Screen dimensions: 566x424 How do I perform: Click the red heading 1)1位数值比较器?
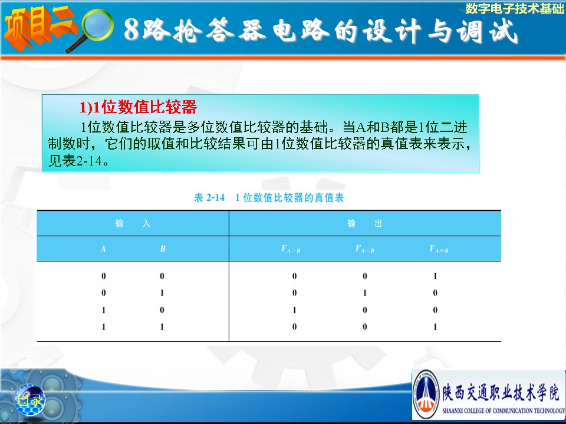[x=138, y=107]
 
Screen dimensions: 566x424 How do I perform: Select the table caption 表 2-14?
[x=209, y=198]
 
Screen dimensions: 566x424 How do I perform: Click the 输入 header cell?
[x=133, y=224]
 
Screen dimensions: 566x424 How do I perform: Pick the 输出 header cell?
[x=364, y=224]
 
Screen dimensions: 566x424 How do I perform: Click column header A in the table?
[x=103, y=249]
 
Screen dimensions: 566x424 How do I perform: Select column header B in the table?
[x=163, y=249]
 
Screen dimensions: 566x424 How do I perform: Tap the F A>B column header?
[x=291, y=249]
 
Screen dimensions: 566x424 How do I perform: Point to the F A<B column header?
[x=365, y=249]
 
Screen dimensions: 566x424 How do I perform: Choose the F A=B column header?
[x=439, y=249]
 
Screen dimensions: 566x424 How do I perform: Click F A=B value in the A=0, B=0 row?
[x=435, y=276]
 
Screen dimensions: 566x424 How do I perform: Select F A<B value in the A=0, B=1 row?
[x=365, y=293]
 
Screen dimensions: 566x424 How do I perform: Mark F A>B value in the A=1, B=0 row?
[x=295, y=310]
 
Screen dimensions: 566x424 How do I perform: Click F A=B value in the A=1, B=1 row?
[x=435, y=327]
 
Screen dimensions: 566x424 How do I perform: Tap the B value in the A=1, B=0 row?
[x=162, y=310]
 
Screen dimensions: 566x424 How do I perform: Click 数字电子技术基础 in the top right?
[x=514, y=8]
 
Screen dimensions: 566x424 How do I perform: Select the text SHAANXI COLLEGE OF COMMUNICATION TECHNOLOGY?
[x=504, y=410]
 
